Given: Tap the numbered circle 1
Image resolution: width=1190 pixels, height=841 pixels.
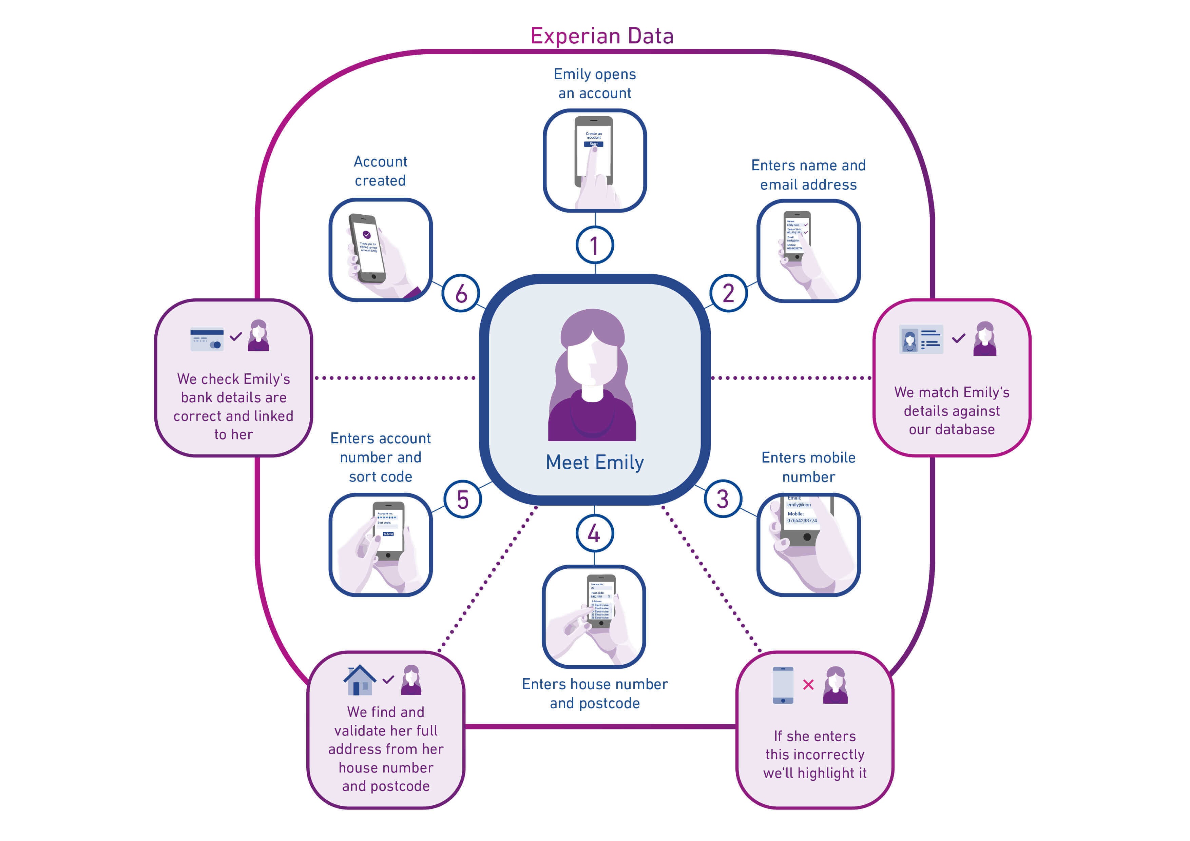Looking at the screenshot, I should (x=594, y=246).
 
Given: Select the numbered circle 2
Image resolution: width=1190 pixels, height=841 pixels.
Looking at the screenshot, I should (x=728, y=293).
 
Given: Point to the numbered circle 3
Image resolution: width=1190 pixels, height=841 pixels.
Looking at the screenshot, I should (x=723, y=499).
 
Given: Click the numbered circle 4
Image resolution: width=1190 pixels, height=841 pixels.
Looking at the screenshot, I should (x=594, y=533).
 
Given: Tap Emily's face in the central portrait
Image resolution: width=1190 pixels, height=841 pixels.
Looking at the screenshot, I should (x=592, y=360).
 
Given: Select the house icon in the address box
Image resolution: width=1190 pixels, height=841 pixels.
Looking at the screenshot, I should (x=360, y=680).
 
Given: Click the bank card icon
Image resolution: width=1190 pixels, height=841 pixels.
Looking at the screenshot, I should (x=207, y=339).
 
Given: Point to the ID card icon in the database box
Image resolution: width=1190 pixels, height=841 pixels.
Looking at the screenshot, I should (x=921, y=339).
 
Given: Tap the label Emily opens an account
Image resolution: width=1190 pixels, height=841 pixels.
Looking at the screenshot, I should (x=594, y=83).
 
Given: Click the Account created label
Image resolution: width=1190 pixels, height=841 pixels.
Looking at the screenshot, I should (x=380, y=171).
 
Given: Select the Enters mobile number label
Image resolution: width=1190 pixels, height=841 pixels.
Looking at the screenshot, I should (x=808, y=467).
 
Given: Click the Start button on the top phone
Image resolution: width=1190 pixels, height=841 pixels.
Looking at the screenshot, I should (x=593, y=144).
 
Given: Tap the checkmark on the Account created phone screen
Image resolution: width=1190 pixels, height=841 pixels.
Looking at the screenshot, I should (x=366, y=235).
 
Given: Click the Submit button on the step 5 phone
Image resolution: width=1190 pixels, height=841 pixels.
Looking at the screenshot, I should (x=388, y=534).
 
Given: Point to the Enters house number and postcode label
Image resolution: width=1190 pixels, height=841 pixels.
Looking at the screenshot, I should (x=594, y=693).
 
